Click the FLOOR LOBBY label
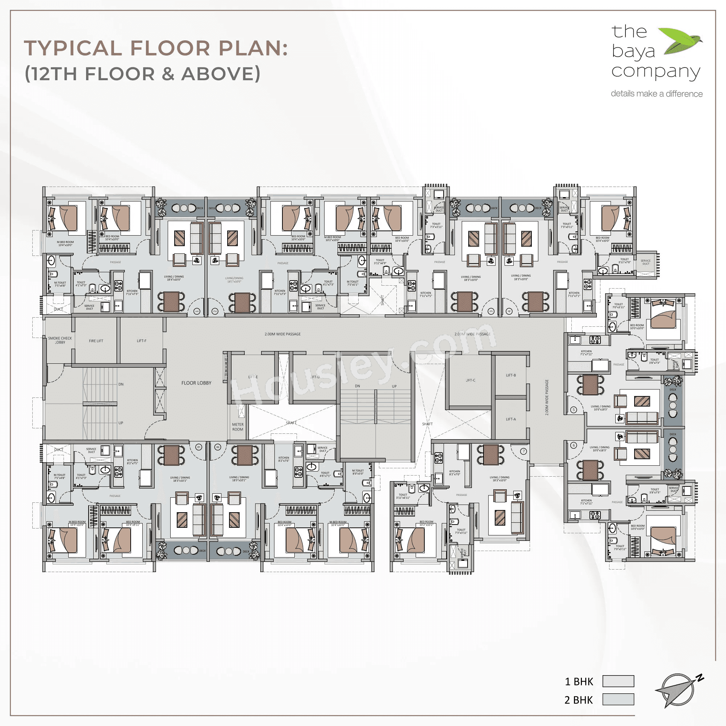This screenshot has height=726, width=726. [196, 383]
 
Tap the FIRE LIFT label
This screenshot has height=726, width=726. [96, 341]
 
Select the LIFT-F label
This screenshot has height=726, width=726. [141, 341]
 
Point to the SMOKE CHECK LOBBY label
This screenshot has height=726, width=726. [60, 340]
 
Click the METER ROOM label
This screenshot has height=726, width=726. [237, 427]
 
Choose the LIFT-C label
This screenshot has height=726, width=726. [470, 380]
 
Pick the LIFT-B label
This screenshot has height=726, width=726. [511, 375]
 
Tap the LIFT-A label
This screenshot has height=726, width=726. [511, 419]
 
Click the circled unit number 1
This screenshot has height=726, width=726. [196, 311]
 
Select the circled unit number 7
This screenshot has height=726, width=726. [523, 451]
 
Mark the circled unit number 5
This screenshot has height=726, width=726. [574, 409]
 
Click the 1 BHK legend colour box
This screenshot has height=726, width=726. [618, 681]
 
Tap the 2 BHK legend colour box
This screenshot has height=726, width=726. [618, 700]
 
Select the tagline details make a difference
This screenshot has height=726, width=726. [656, 94]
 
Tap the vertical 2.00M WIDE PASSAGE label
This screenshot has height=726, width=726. [547, 397]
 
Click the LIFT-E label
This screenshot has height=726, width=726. [253, 377]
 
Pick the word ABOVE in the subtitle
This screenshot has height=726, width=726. [221, 74]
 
